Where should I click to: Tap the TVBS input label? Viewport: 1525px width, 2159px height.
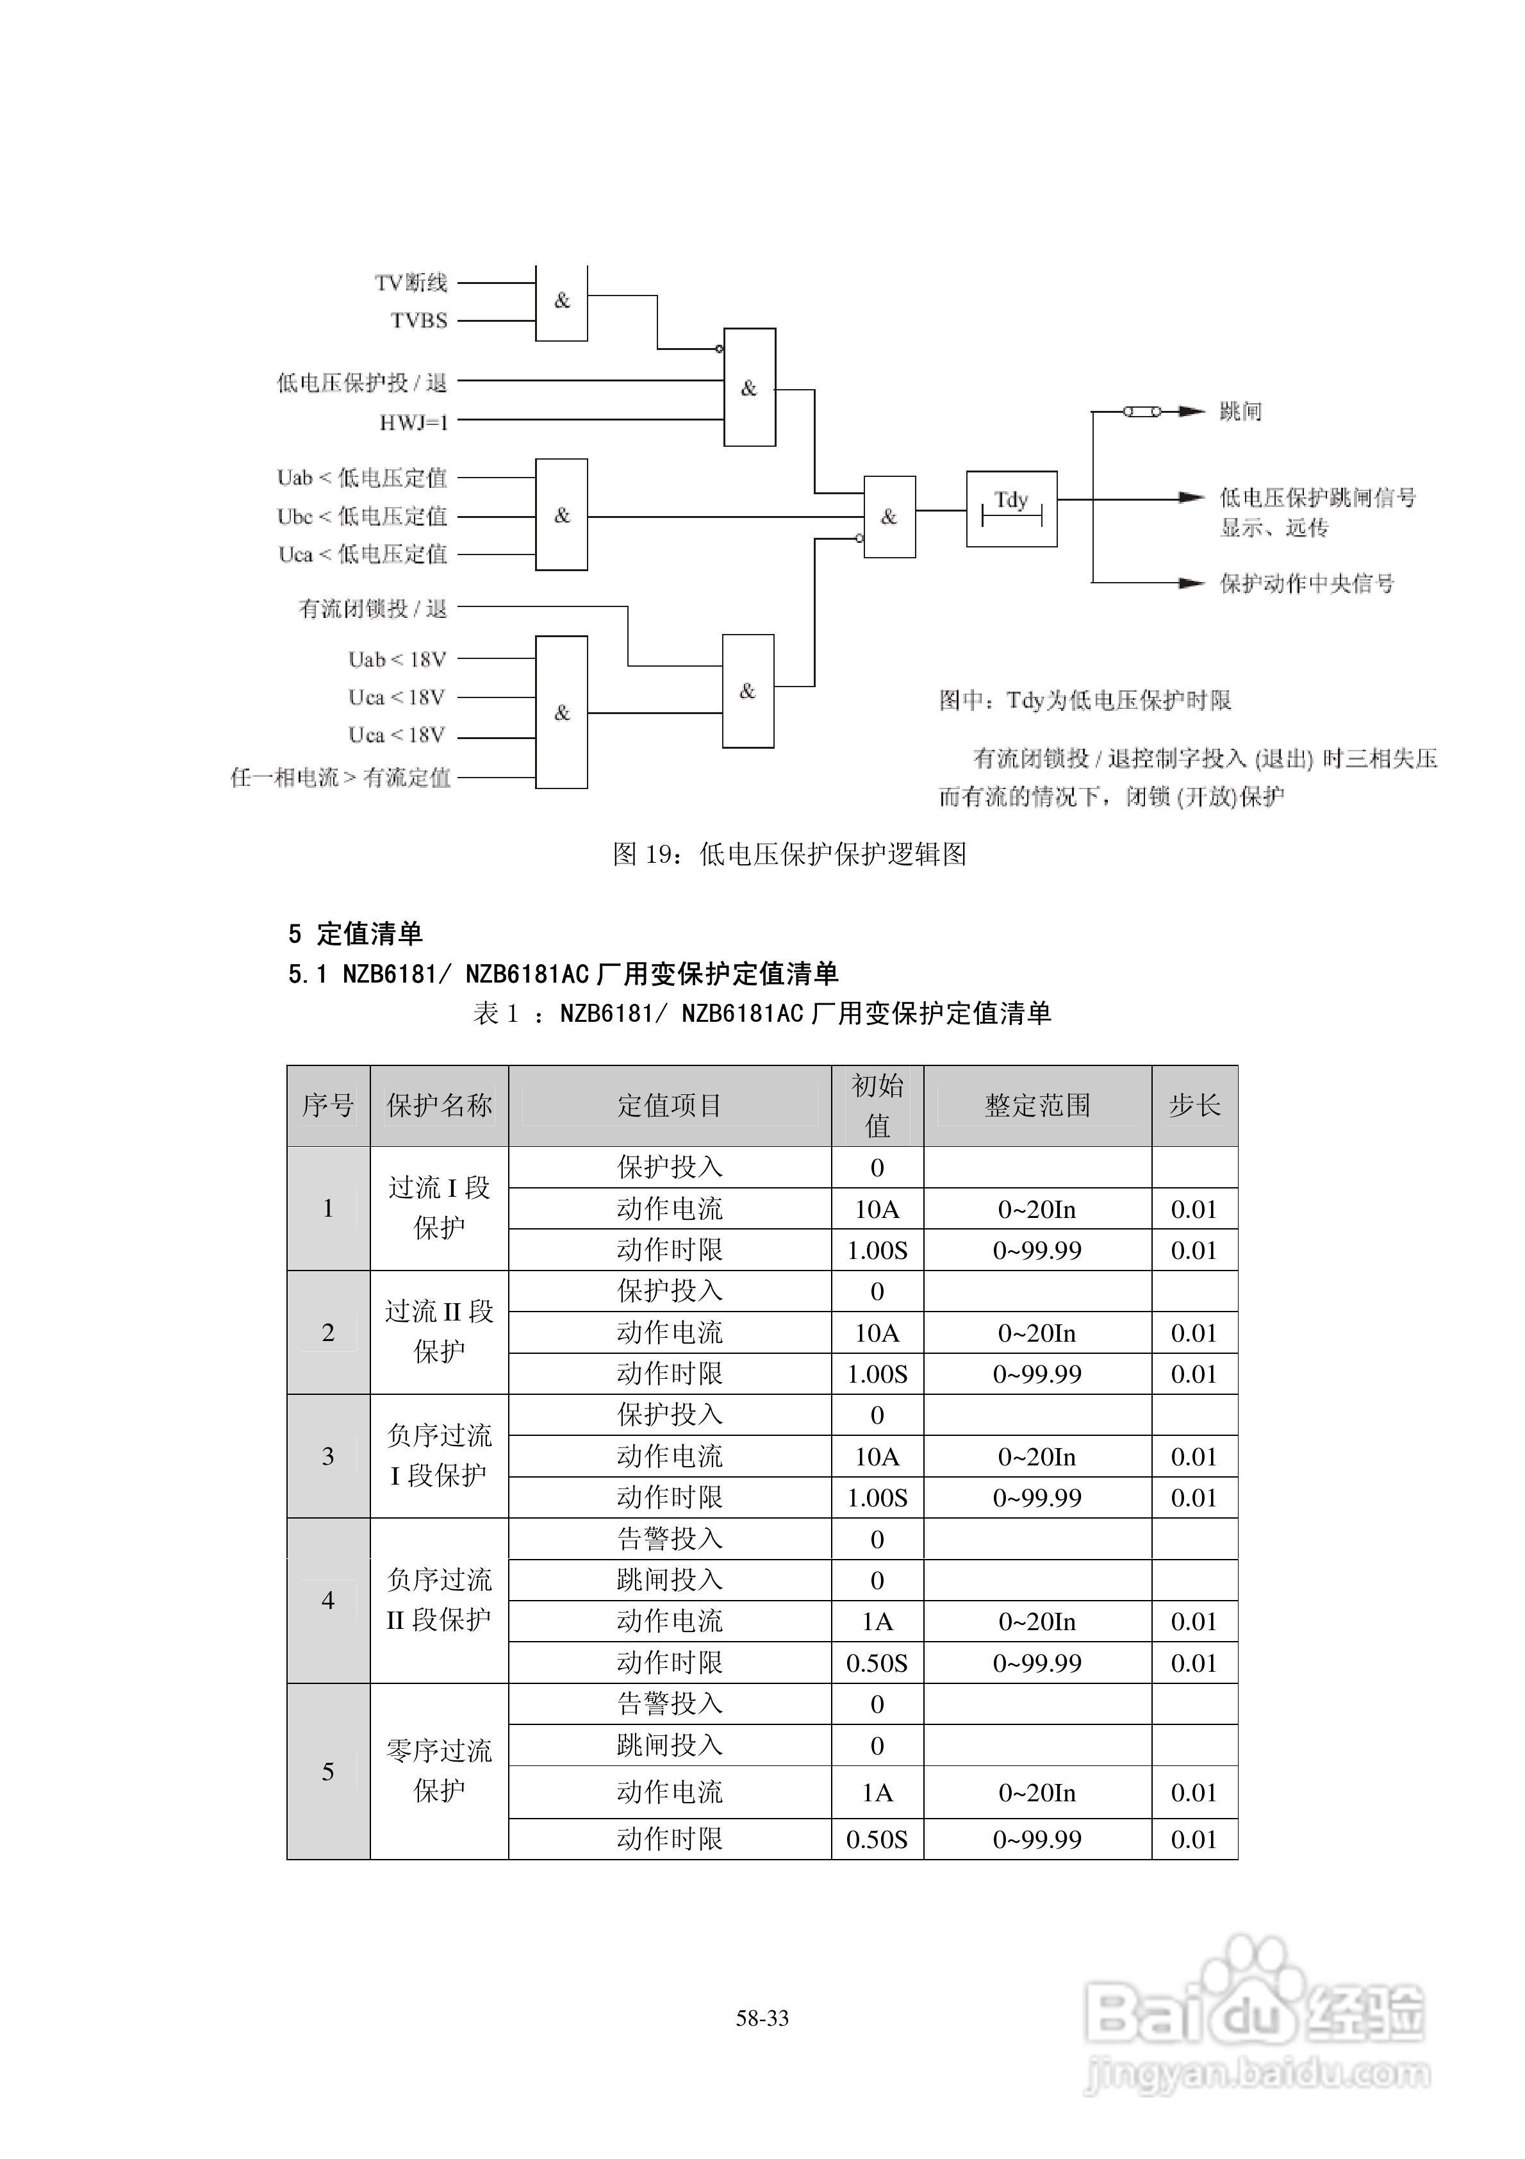pos(419,321)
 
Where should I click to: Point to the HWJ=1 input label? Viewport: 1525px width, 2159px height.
pos(414,423)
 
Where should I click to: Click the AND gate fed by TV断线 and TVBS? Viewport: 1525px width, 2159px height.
pos(561,302)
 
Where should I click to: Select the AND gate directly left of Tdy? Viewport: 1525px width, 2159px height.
pos(889,516)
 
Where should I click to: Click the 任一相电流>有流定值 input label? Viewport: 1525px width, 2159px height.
pos(340,778)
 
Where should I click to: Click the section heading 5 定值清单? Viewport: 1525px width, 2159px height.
pos(356,934)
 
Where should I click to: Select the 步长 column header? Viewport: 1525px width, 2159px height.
pos(1194,1106)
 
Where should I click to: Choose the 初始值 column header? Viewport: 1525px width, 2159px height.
pos(877,1106)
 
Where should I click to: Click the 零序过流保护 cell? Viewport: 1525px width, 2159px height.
pos(439,1771)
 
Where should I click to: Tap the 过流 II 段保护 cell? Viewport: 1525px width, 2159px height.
pos(439,1331)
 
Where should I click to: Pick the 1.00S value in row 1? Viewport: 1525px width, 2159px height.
pos(877,1251)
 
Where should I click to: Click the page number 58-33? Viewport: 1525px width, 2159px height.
pos(763,2018)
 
